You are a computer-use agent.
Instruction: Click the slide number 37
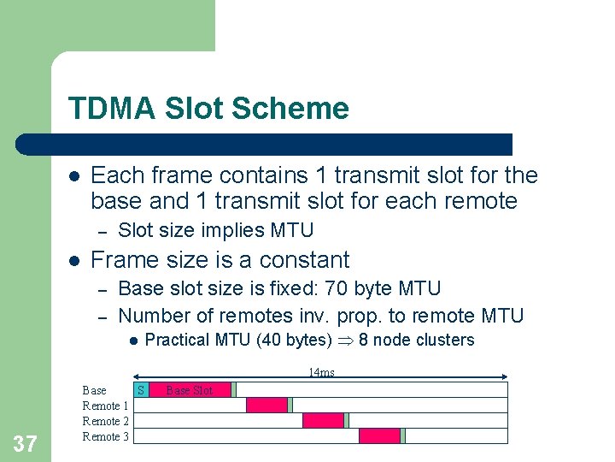tap(26, 443)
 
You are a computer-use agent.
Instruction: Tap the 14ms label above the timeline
tap(321, 372)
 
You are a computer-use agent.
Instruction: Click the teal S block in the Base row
tap(142, 390)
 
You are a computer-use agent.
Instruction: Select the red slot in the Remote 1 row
tap(266, 406)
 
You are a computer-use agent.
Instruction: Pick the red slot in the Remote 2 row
tap(323, 421)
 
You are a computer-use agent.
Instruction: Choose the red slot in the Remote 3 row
tap(379, 436)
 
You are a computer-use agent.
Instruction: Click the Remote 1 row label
tap(106, 406)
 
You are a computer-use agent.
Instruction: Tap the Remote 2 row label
tap(106, 421)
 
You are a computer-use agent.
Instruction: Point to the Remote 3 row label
tap(106, 436)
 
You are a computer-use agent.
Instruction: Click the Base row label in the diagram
tap(94, 390)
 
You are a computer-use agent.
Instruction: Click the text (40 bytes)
tap(294, 340)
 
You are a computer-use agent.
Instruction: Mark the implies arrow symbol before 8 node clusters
tap(345, 341)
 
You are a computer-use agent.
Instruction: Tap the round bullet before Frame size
tap(74, 260)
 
